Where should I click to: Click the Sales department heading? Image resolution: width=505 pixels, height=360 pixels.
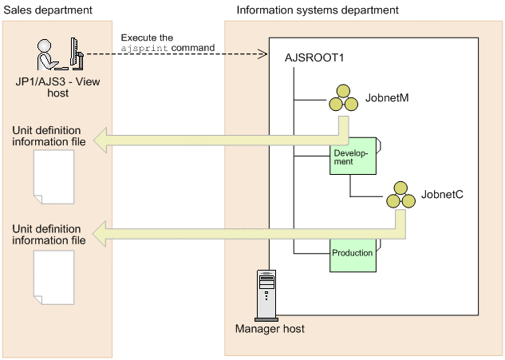(x=48, y=10)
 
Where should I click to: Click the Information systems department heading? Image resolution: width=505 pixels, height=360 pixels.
(x=318, y=10)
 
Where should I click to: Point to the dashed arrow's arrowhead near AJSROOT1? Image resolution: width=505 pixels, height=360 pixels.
(x=262, y=54)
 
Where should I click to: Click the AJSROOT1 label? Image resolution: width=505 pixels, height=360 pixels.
(x=315, y=58)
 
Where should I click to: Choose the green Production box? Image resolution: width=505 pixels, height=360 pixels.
(x=354, y=254)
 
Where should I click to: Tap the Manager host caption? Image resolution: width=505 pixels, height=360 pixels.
(x=270, y=328)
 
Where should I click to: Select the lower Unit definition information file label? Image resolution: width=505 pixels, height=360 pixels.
(x=49, y=235)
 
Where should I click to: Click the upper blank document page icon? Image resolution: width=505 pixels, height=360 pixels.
(x=53, y=175)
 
